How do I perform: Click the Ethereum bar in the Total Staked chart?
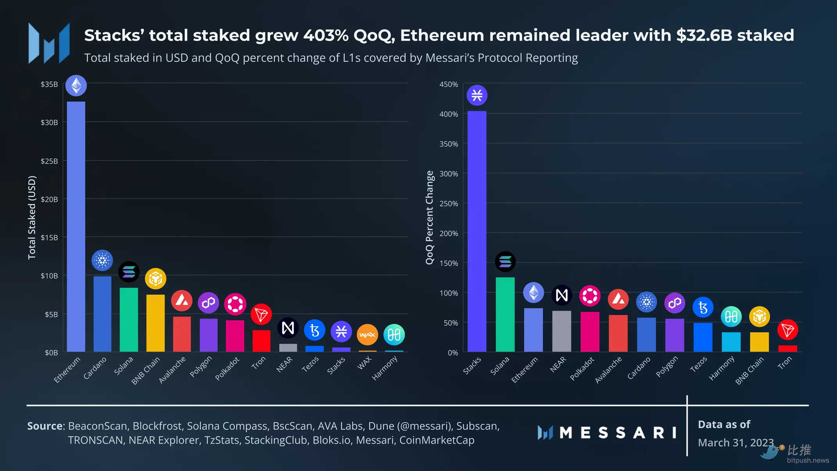point(76,227)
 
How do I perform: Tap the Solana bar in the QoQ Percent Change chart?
point(505,315)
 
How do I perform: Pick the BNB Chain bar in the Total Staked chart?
point(156,323)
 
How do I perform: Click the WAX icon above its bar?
point(367,335)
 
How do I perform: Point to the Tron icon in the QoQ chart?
point(787,330)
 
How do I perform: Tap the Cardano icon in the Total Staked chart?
point(102,260)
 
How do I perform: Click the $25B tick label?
point(49,161)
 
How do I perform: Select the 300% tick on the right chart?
point(449,174)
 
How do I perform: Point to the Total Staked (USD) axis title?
point(32,217)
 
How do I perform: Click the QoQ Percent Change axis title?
point(429,217)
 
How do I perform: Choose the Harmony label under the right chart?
point(721,368)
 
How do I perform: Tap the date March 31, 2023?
point(735,443)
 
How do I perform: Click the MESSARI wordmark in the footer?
point(617,433)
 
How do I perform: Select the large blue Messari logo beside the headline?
point(49,43)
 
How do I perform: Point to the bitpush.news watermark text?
point(808,460)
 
